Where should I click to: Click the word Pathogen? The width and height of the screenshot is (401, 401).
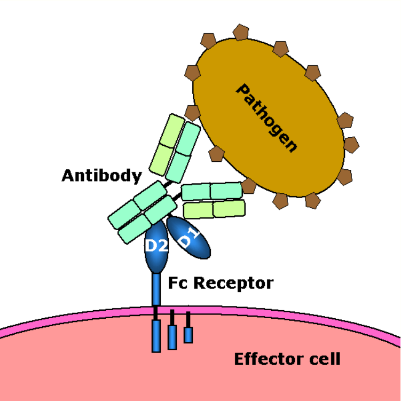point(267,118)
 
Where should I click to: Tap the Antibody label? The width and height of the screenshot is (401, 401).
point(102,176)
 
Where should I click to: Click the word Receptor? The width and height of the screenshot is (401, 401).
point(233,284)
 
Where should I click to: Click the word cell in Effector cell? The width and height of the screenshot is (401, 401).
point(325,359)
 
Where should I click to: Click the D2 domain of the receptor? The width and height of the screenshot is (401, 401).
point(156,246)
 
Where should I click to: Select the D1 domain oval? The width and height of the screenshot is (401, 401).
point(188,238)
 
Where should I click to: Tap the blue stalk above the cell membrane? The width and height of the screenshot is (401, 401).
point(156,289)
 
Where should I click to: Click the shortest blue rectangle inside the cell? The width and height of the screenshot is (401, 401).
point(188,335)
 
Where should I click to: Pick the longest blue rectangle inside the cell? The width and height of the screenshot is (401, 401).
point(156,336)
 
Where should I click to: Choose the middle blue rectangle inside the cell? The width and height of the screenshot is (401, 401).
point(172,337)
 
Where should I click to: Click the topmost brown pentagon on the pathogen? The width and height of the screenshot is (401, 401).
point(241,32)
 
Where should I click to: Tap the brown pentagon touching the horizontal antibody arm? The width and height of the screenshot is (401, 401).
point(248,186)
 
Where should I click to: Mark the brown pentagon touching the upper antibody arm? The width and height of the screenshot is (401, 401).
point(192,113)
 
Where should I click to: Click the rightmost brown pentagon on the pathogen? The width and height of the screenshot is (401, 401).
point(352,145)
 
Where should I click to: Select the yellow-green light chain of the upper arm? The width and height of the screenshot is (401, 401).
point(167,145)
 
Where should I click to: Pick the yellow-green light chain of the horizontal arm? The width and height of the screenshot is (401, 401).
point(214,209)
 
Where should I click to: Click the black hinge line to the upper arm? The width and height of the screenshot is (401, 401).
point(168,184)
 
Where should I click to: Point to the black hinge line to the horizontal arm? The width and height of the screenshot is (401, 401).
point(177,196)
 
